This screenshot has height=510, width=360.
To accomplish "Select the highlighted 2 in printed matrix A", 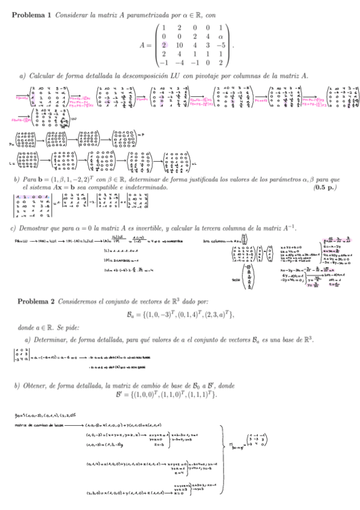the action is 163,45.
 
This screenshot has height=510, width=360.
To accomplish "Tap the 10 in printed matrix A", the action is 178,45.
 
